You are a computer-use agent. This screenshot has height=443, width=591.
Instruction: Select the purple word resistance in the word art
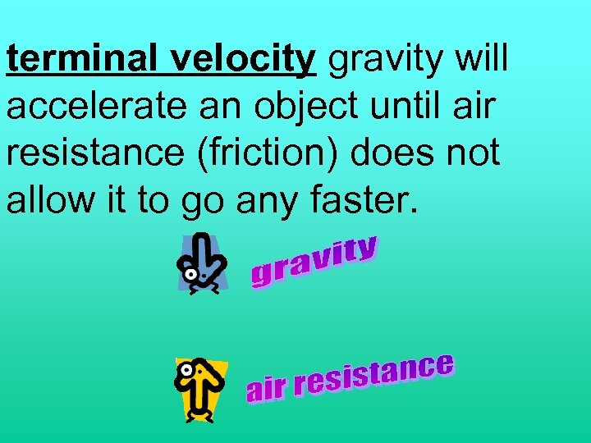pyautogui.click(x=373, y=378)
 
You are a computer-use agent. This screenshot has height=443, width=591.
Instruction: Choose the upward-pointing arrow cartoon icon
pyautogui.click(x=201, y=390)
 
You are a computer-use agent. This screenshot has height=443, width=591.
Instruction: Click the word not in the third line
pyautogui.click(x=477, y=153)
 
